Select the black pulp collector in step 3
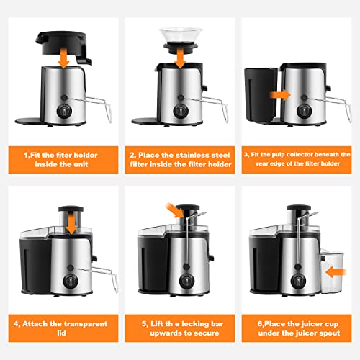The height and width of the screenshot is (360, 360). click(260, 94)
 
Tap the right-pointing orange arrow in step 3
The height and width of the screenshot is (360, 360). click(276, 93)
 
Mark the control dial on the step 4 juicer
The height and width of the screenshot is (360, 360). click(71, 282)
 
